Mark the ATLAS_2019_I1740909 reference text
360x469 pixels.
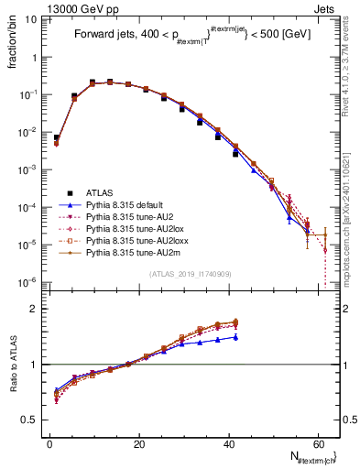tap(191, 274)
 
